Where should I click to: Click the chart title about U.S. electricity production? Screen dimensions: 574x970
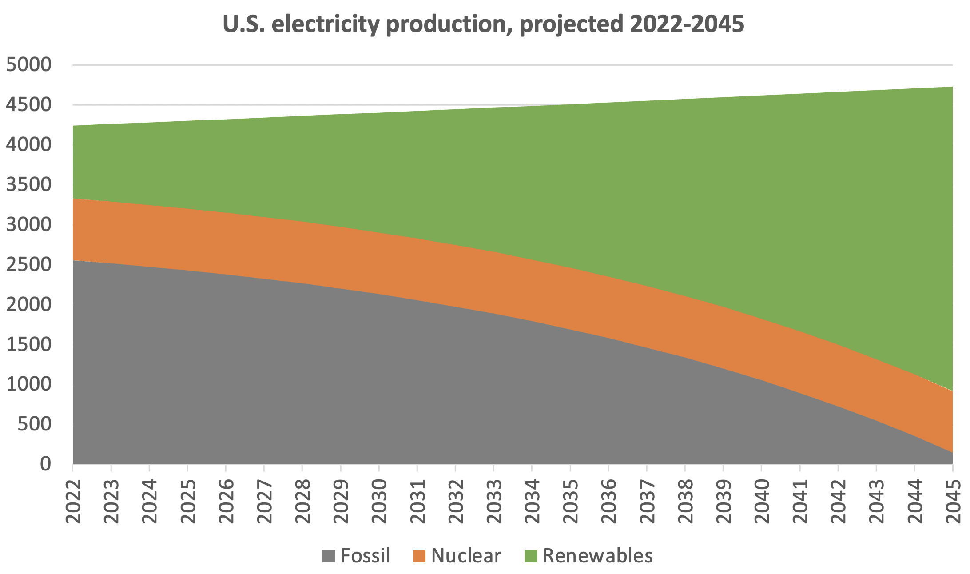coord(483,24)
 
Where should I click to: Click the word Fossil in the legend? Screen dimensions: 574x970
coord(365,556)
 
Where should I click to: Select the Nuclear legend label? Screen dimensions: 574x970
coord(466,556)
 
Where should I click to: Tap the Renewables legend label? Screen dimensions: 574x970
coord(597,556)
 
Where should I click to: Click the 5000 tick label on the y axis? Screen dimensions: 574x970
coord(29,65)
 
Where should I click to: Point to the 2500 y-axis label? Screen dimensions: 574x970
coord(29,264)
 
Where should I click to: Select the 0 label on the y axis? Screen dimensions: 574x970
coord(46,464)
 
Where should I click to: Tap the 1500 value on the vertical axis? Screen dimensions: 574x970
coord(29,344)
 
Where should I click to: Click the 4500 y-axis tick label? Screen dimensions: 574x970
coord(29,105)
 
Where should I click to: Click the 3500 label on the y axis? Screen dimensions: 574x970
coord(29,184)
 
